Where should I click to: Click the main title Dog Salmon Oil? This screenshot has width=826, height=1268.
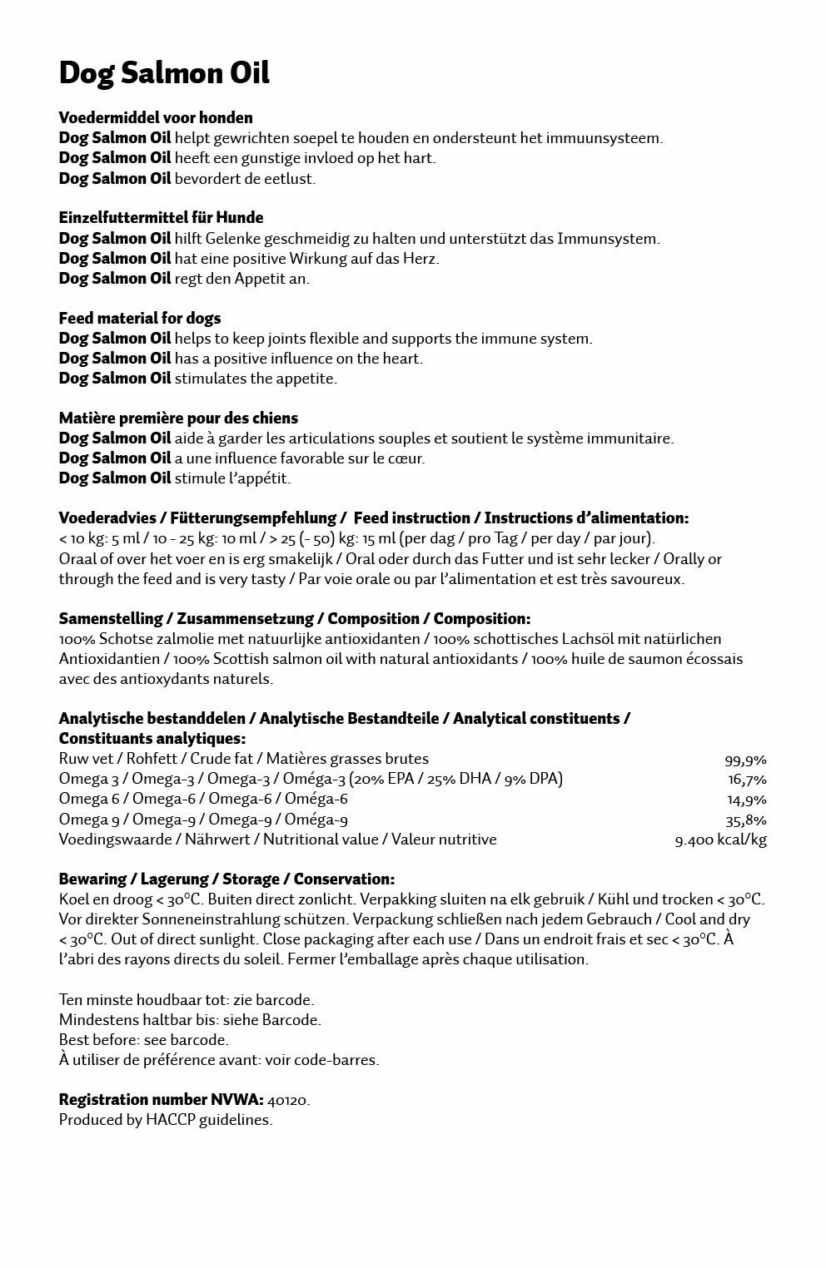(x=164, y=73)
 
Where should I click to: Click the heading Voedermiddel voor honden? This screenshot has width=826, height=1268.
(x=156, y=117)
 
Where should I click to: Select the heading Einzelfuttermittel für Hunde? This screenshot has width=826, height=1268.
(x=161, y=217)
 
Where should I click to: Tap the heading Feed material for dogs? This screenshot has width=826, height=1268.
(x=140, y=318)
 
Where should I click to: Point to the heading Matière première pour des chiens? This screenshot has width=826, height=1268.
(x=178, y=418)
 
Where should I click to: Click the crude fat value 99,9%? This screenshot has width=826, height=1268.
(x=745, y=760)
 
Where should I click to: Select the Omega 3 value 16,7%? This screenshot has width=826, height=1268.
(x=747, y=780)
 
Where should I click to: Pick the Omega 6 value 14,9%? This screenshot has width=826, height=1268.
(x=747, y=800)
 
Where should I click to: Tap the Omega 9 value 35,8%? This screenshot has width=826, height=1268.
(x=746, y=820)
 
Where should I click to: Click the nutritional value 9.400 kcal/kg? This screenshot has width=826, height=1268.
(x=720, y=840)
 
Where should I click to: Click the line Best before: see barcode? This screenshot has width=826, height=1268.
(x=143, y=1040)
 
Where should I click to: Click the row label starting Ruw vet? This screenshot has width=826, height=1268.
(x=243, y=759)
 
